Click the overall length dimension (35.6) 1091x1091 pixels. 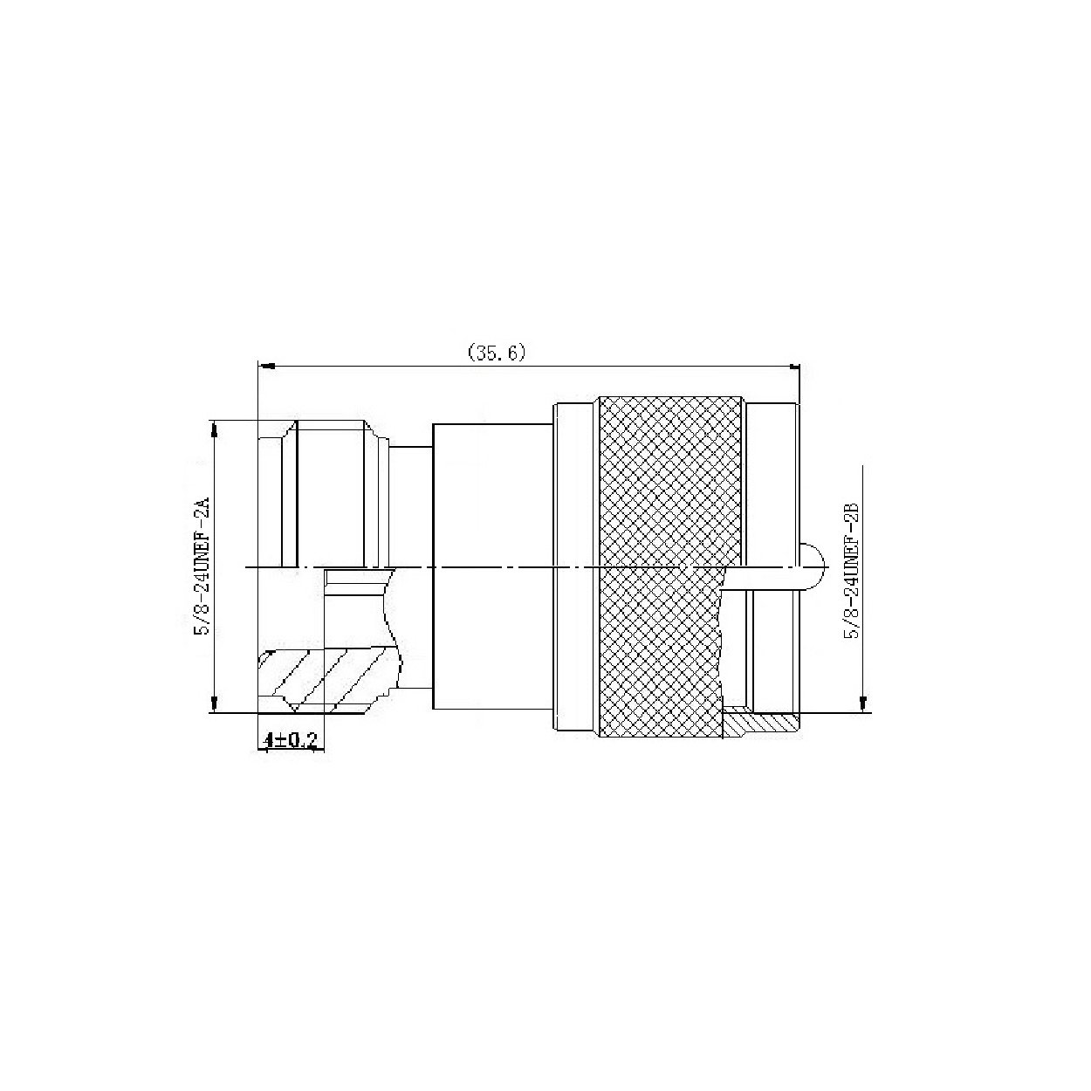[x=497, y=353]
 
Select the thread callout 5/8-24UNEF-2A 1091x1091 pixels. [x=202, y=566]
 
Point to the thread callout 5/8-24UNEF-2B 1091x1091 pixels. [x=852, y=570]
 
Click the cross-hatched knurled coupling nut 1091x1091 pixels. [x=669, y=567]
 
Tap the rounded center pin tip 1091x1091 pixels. [x=813, y=566]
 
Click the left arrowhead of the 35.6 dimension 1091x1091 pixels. [x=267, y=367]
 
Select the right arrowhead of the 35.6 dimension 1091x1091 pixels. [x=793, y=367]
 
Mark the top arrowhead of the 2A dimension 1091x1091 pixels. [x=214, y=429]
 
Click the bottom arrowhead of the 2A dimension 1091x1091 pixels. [x=214, y=703]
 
